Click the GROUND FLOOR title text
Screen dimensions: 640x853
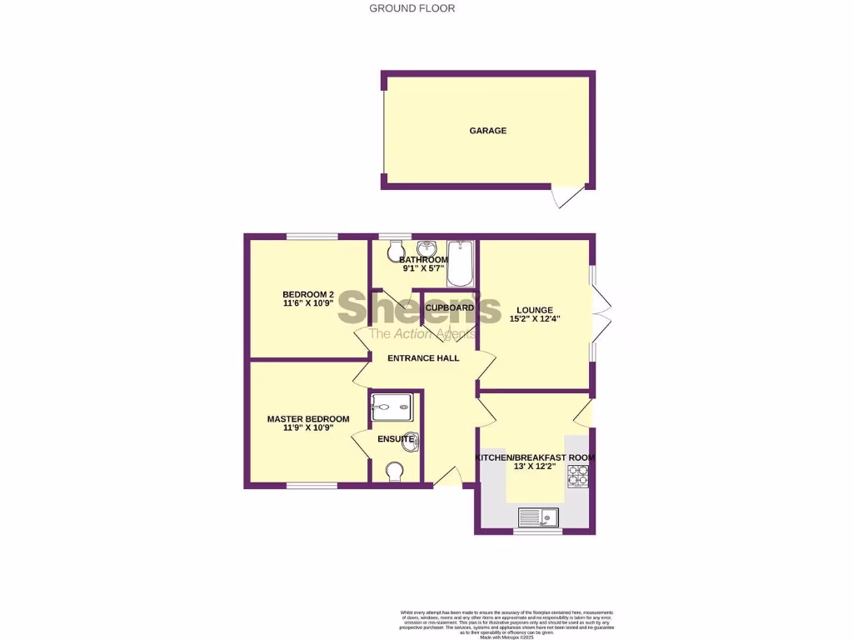(412, 8)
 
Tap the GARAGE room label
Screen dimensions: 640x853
(487, 131)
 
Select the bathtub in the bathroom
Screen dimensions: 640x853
(459, 263)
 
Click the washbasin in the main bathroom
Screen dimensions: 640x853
(426, 248)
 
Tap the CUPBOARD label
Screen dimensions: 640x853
(449, 307)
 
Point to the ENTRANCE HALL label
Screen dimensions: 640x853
(422, 358)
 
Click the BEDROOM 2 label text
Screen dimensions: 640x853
(308, 294)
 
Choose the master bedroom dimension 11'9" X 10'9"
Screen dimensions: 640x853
(308, 430)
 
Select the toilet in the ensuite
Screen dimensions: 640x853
(396, 472)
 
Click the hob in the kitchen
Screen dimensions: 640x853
(578, 476)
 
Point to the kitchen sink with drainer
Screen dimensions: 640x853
(541, 517)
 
